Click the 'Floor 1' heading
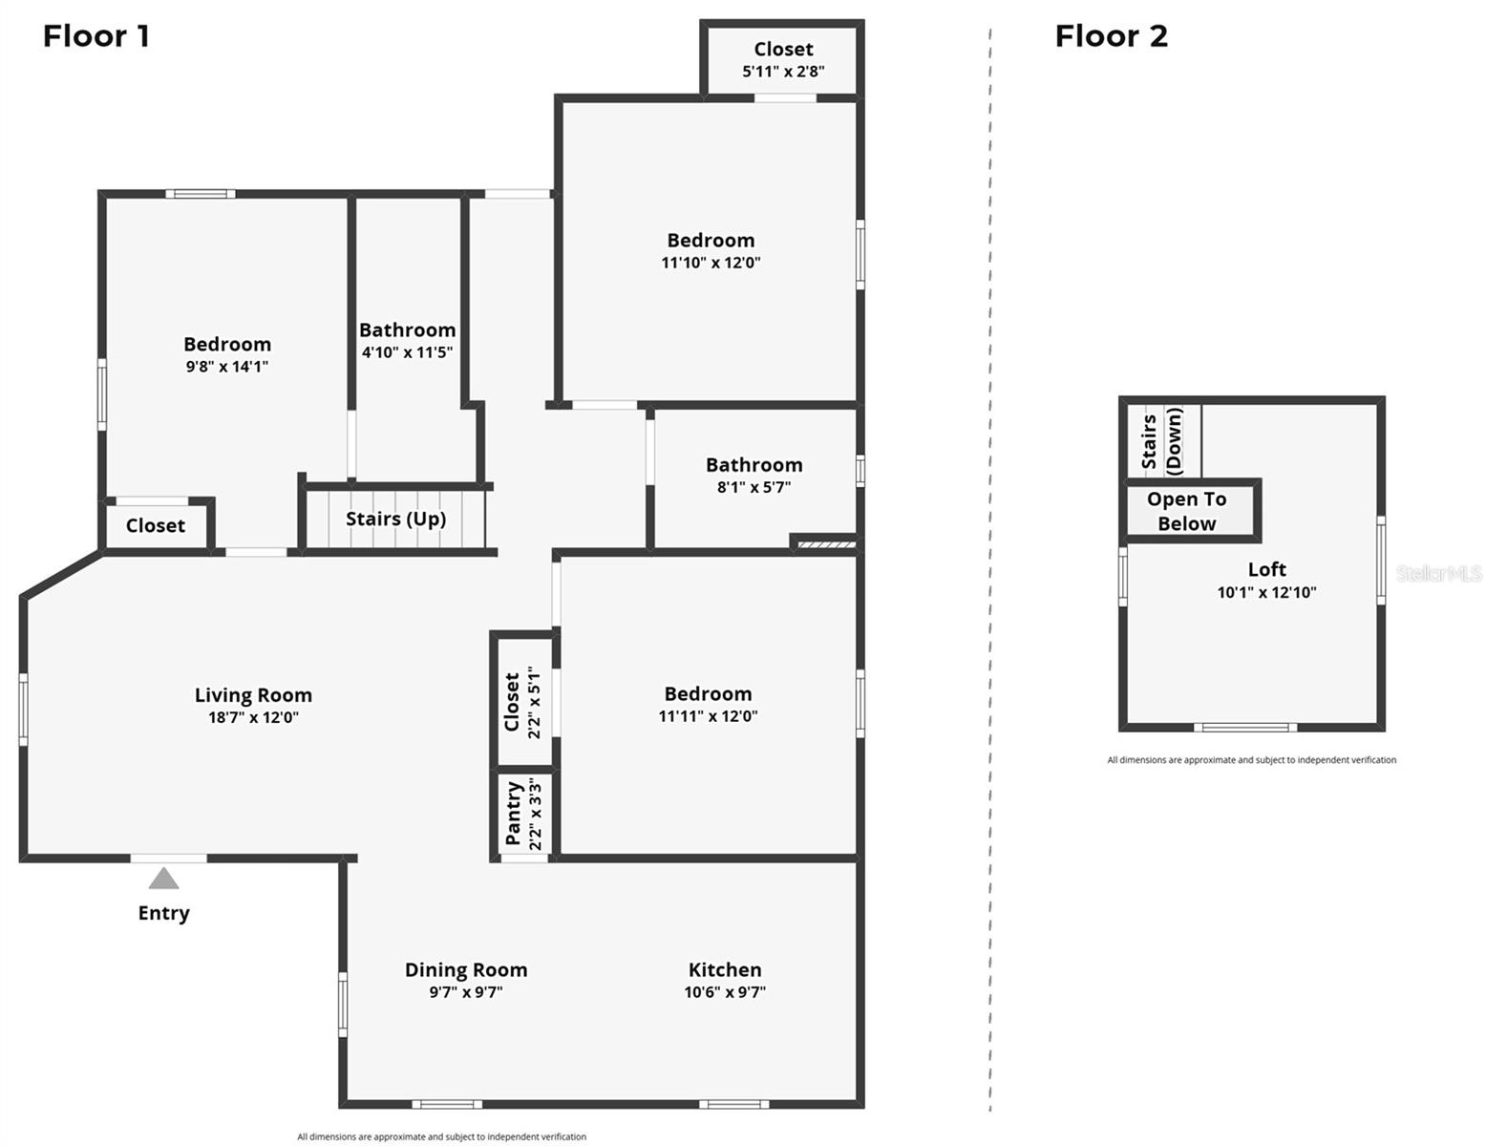(x=96, y=35)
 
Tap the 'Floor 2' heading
(x=1111, y=35)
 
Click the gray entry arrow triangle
(x=163, y=878)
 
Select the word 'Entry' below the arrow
(x=163, y=914)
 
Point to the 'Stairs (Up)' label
(x=396, y=519)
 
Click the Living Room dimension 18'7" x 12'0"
(x=254, y=717)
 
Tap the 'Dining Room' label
(x=466, y=969)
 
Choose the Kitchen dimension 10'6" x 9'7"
(x=725, y=992)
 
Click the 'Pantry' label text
(x=514, y=813)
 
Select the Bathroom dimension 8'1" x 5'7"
(x=754, y=487)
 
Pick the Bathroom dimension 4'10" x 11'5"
(x=407, y=352)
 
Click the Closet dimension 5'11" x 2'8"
(x=784, y=71)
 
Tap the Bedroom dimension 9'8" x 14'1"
(x=227, y=367)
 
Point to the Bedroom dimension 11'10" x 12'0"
(x=711, y=263)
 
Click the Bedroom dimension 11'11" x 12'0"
(x=708, y=716)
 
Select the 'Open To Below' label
(x=1186, y=512)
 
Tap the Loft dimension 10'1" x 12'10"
(x=1266, y=592)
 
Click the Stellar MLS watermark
(x=1438, y=573)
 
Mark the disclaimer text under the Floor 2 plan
(x=1251, y=759)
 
